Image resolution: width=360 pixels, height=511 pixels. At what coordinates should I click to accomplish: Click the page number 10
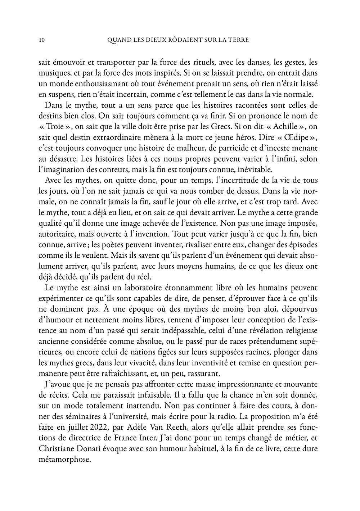pos(41,40)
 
